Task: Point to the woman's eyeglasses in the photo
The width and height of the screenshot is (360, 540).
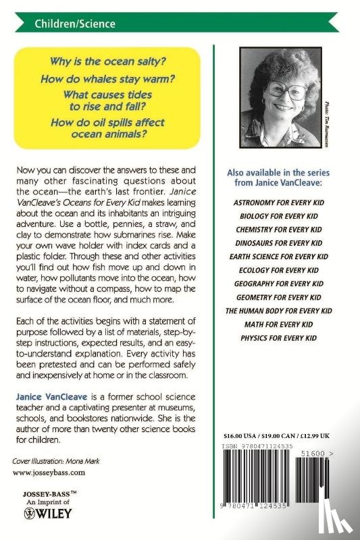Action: [x=278, y=91]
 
